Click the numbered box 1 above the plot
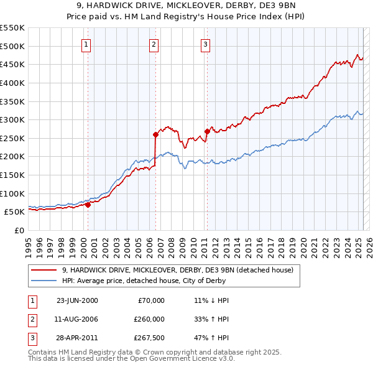tap(85, 44)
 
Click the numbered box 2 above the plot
tap(154, 44)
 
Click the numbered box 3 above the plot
tap(205, 44)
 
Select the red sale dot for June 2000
tap(88, 204)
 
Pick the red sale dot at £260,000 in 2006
tap(155, 134)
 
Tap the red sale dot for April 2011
tap(207, 131)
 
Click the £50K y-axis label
tap(14, 212)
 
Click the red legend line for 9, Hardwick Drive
tap(44, 270)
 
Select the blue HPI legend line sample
tap(44, 281)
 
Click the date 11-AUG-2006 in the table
tap(77, 319)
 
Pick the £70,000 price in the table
tap(150, 300)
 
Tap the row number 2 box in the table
tap(32, 319)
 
